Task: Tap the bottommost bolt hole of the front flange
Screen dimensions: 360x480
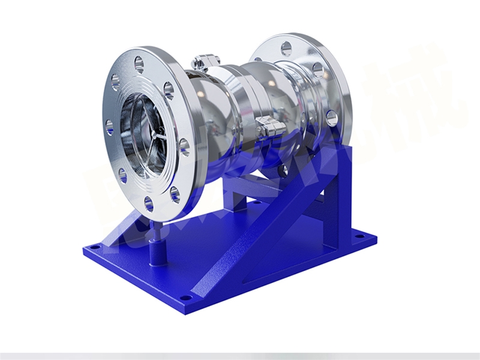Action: [149, 203]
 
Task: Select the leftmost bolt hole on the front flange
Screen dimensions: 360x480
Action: [109, 127]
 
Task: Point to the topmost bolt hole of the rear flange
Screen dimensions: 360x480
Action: [287, 48]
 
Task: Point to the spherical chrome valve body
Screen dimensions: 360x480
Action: [225, 114]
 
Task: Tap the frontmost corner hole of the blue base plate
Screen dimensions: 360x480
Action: [187, 296]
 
